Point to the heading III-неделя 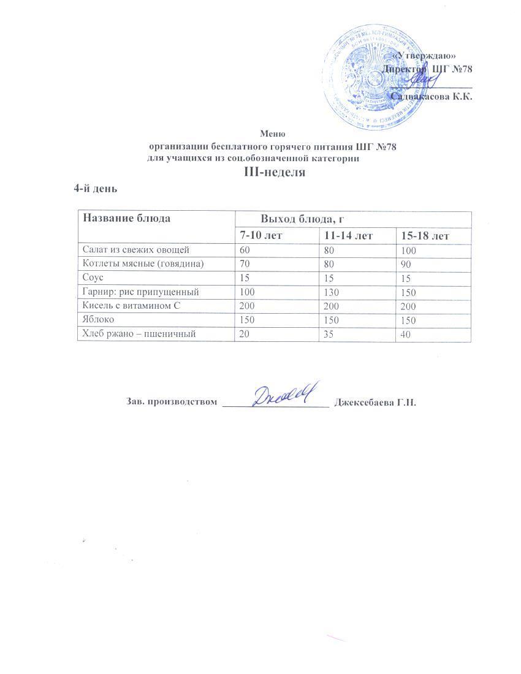point(275,172)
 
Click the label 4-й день point(95,188)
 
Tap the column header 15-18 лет point(425,236)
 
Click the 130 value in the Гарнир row point(329,292)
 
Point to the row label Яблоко point(96,320)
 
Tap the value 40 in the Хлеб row point(405,335)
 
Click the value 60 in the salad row point(246,250)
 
